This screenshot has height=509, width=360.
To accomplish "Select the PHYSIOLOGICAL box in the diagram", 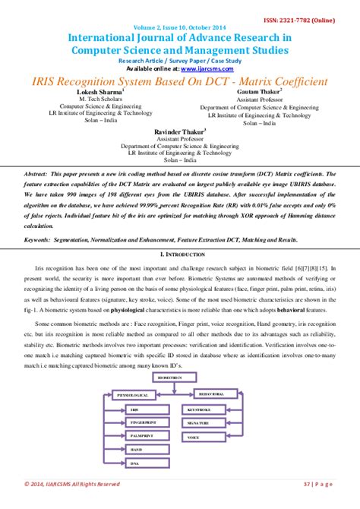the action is coord(131,395).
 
